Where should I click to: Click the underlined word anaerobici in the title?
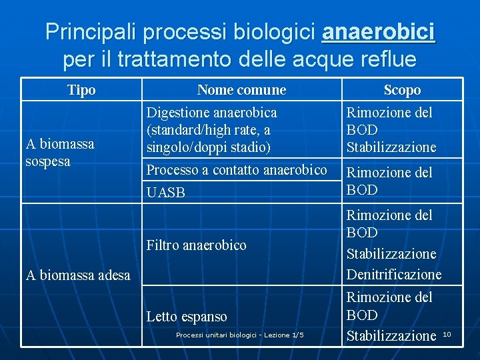point(378,31)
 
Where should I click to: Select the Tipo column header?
point(81,90)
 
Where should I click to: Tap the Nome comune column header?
point(241,90)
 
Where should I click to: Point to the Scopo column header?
point(402,90)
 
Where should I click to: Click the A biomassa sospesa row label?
point(59,153)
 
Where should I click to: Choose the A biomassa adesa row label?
point(77,275)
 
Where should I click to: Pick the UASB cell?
point(165,193)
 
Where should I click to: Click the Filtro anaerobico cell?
point(196,245)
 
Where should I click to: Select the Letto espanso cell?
point(187,317)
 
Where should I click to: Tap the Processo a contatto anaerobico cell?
point(237,170)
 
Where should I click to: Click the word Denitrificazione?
point(393,275)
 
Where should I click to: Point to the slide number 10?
point(447,333)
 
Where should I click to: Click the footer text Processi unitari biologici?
point(239,335)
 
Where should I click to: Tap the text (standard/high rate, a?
point(208,130)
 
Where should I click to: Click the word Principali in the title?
point(92,31)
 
